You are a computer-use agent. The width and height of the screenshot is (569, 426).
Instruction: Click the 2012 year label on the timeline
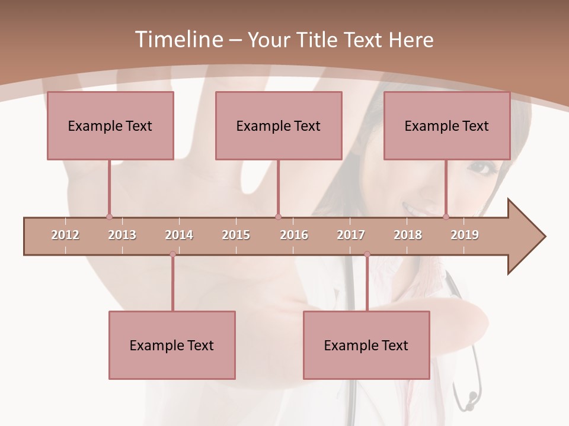[65, 235]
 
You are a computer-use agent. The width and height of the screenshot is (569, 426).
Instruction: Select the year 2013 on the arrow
[122, 235]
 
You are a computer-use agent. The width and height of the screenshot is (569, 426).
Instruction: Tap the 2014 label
[179, 235]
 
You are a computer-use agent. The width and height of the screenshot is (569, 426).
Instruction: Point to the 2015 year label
[236, 235]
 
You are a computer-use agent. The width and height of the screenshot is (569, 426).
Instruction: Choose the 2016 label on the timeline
[294, 235]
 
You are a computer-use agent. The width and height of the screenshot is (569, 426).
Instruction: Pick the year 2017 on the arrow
[351, 235]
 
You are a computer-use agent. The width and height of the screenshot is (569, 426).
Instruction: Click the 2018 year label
[408, 235]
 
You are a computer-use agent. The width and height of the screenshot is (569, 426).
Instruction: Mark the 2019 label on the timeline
[465, 235]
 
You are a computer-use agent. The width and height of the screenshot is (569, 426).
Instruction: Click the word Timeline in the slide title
[177, 40]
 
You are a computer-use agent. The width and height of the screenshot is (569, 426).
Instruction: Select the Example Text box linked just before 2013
[110, 125]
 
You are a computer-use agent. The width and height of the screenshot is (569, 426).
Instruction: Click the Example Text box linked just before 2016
[279, 125]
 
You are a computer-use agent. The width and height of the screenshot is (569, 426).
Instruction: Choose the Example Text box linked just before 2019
[447, 125]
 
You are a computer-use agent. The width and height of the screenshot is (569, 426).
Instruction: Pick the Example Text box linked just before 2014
[172, 345]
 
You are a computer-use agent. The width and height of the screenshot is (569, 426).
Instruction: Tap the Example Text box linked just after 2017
[366, 345]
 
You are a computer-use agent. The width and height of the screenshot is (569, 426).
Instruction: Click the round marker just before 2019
[446, 217]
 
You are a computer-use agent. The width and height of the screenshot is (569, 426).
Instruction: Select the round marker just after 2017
[367, 254]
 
